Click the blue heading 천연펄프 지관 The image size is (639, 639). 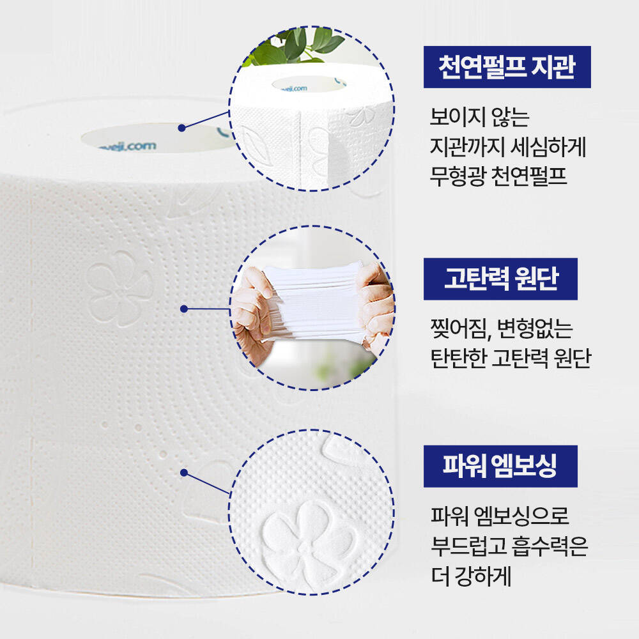pyautogui.click(x=507, y=67)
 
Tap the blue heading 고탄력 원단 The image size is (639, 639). pyautogui.click(x=500, y=279)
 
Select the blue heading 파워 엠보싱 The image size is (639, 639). pyautogui.click(x=500, y=466)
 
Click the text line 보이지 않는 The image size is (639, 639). pyautogui.click(x=480, y=117)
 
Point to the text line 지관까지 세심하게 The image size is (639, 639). pyautogui.click(x=508, y=147)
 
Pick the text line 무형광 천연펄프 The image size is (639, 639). pyautogui.click(x=498, y=176)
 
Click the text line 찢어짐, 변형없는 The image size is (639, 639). pyautogui.click(x=502, y=328)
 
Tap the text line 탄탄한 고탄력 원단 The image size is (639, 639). pyautogui.click(x=511, y=358)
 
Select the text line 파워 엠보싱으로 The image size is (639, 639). pyautogui.click(x=500, y=516)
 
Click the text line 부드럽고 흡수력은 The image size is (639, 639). pyautogui.click(x=509, y=546)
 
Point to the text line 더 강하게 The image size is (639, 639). pyautogui.click(x=471, y=576)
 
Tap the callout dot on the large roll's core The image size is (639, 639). pyautogui.click(x=181, y=128)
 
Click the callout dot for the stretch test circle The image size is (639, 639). pyautogui.click(x=184, y=309)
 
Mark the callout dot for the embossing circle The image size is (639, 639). pyautogui.click(x=184, y=473)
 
